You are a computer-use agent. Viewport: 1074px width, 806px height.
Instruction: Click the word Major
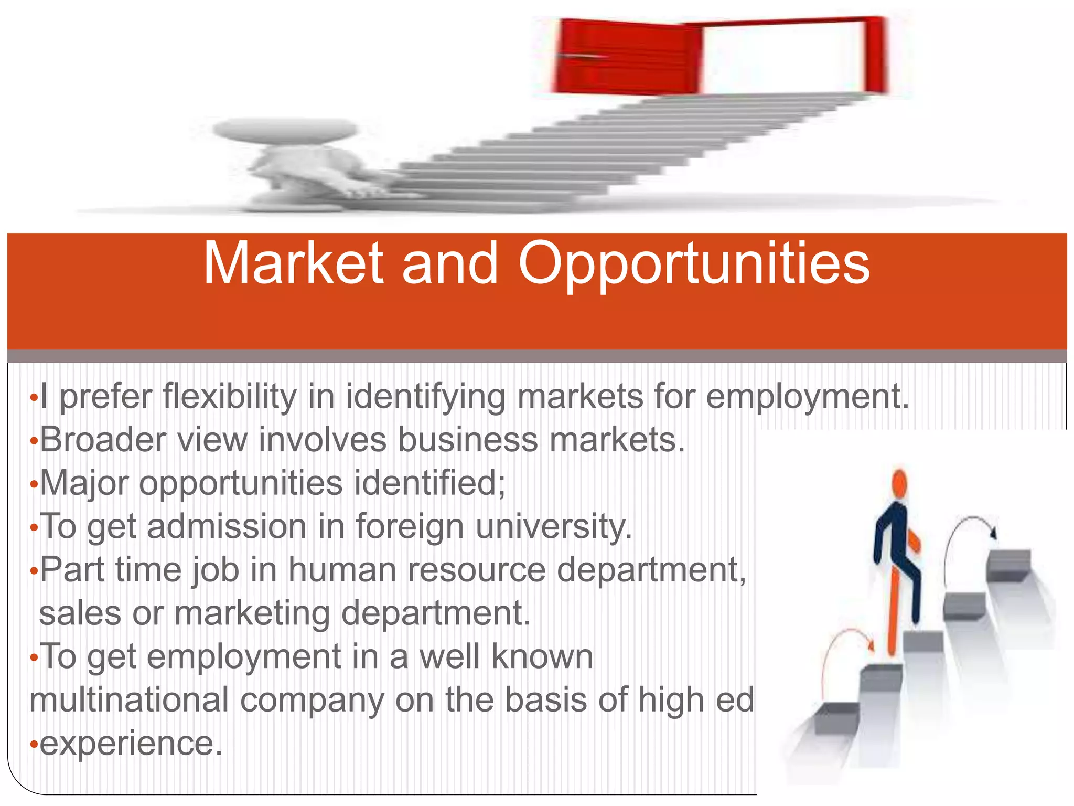[x=84, y=483]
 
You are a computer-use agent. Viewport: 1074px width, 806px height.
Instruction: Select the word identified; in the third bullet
[x=429, y=483]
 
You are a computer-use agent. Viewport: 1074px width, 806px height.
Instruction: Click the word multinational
[x=129, y=700]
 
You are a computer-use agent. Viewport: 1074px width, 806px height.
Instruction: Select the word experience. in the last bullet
[x=131, y=744]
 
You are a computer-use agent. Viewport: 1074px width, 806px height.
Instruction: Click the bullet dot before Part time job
[x=34, y=571]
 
